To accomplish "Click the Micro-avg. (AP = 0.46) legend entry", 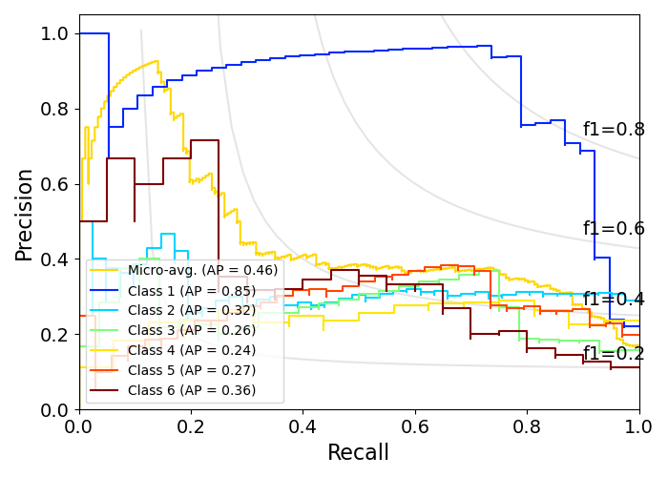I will click(202, 271).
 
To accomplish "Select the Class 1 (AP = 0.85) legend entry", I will click(192, 291).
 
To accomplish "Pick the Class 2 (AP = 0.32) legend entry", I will click(192, 310).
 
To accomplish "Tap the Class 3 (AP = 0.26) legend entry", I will click(192, 330).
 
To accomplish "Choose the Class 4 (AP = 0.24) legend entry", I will click(192, 350).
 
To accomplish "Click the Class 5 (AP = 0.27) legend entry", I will click(192, 370).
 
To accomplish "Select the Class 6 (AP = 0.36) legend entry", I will click(192, 390).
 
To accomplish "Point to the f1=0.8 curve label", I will click(614, 130).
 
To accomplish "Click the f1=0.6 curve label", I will click(614, 229).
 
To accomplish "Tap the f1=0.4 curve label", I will click(614, 300).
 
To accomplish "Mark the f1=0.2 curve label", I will click(614, 354).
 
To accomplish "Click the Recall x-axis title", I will click(359, 453).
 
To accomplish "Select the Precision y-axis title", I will click(25, 215).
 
